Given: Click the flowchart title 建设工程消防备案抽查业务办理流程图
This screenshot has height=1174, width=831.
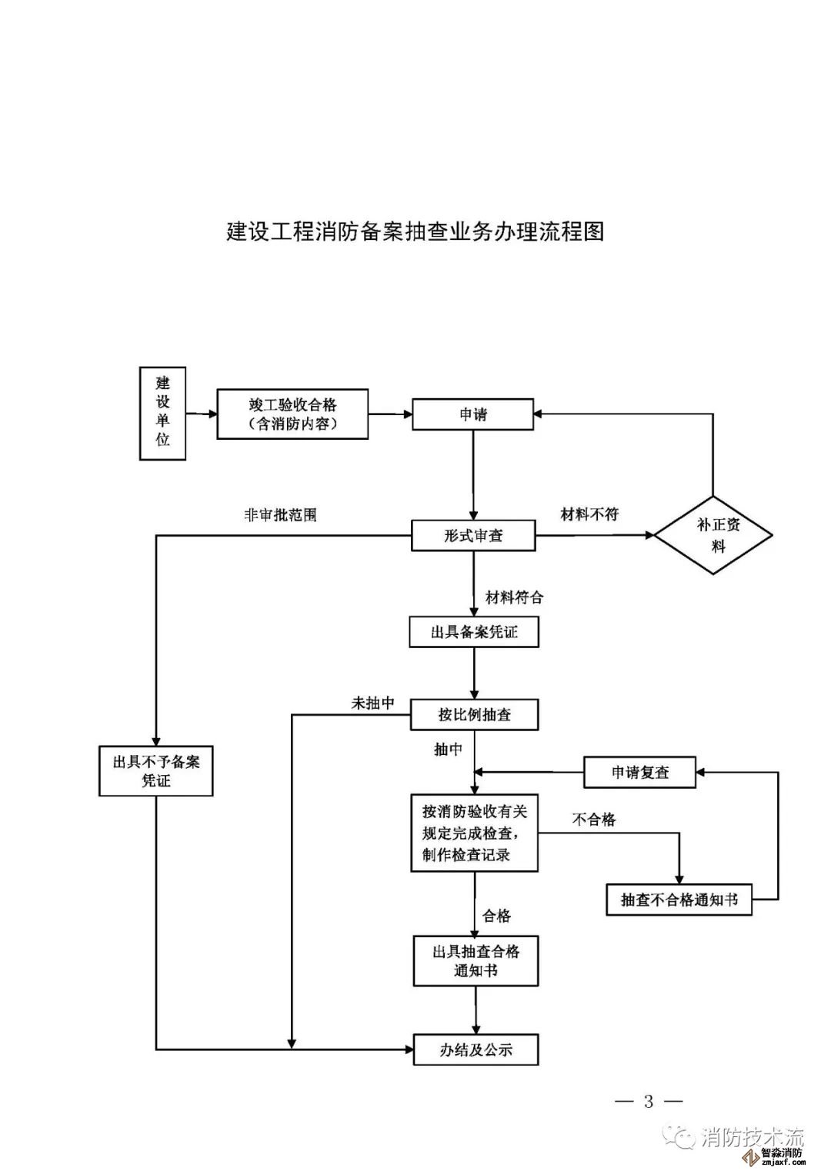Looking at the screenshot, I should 415,231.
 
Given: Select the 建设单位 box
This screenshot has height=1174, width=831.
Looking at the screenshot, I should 162,413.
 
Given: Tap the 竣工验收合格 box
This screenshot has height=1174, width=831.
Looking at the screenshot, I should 292,414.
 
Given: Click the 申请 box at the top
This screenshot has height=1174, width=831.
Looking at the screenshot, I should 472,414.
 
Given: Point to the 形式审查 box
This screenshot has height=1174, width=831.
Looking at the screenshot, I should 473,536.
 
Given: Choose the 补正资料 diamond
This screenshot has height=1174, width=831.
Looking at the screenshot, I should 713,535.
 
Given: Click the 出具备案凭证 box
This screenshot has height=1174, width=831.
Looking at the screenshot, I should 473,633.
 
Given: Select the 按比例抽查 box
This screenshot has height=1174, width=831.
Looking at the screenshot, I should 474,715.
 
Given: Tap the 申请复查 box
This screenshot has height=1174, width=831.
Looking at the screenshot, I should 639,773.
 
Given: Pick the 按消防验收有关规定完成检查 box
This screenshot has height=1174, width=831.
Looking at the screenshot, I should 474,833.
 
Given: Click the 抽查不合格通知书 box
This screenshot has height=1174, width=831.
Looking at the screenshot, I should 679,900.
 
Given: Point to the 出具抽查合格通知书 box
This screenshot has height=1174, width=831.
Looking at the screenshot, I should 476,961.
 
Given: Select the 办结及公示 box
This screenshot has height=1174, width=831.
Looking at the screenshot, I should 476,1050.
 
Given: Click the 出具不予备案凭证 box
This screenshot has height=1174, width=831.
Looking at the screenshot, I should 156,771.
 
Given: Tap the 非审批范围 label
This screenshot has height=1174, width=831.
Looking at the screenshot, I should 280,515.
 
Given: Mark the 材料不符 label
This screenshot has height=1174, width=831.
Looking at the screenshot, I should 589,514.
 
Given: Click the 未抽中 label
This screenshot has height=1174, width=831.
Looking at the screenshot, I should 373,703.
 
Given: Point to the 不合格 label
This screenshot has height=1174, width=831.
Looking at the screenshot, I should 594,820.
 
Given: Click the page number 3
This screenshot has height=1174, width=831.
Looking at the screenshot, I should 649,1102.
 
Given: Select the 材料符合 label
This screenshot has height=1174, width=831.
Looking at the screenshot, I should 514,597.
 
